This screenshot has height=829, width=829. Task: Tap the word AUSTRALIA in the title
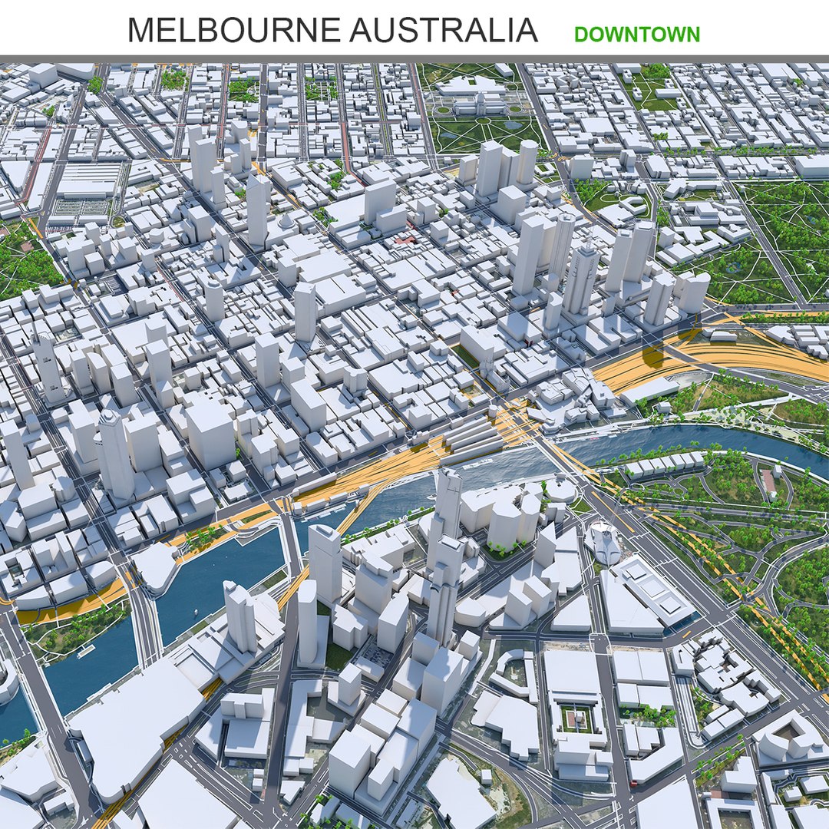click(x=443, y=30)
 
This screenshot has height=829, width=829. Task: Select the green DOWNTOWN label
click(x=636, y=35)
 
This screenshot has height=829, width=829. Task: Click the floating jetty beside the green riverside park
click(x=84, y=651)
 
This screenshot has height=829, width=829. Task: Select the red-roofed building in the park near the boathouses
click(x=768, y=481)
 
